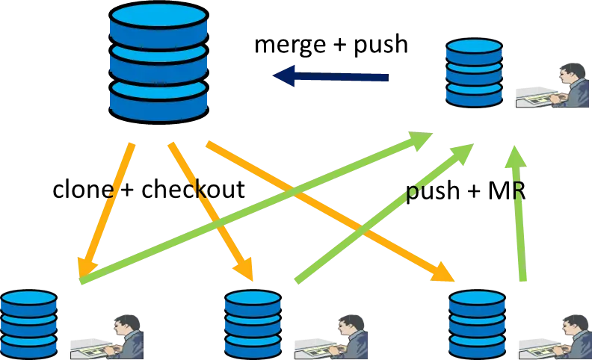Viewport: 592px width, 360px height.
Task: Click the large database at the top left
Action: pyautogui.click(x=157, y=61)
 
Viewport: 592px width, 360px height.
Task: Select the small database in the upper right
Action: pyautogui.click(x=474, y=72)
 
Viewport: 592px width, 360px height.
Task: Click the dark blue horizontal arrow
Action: pyautogui.click(x=336, y=76)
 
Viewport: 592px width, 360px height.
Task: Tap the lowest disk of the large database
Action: pyautogui.click(x=157, y=101)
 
